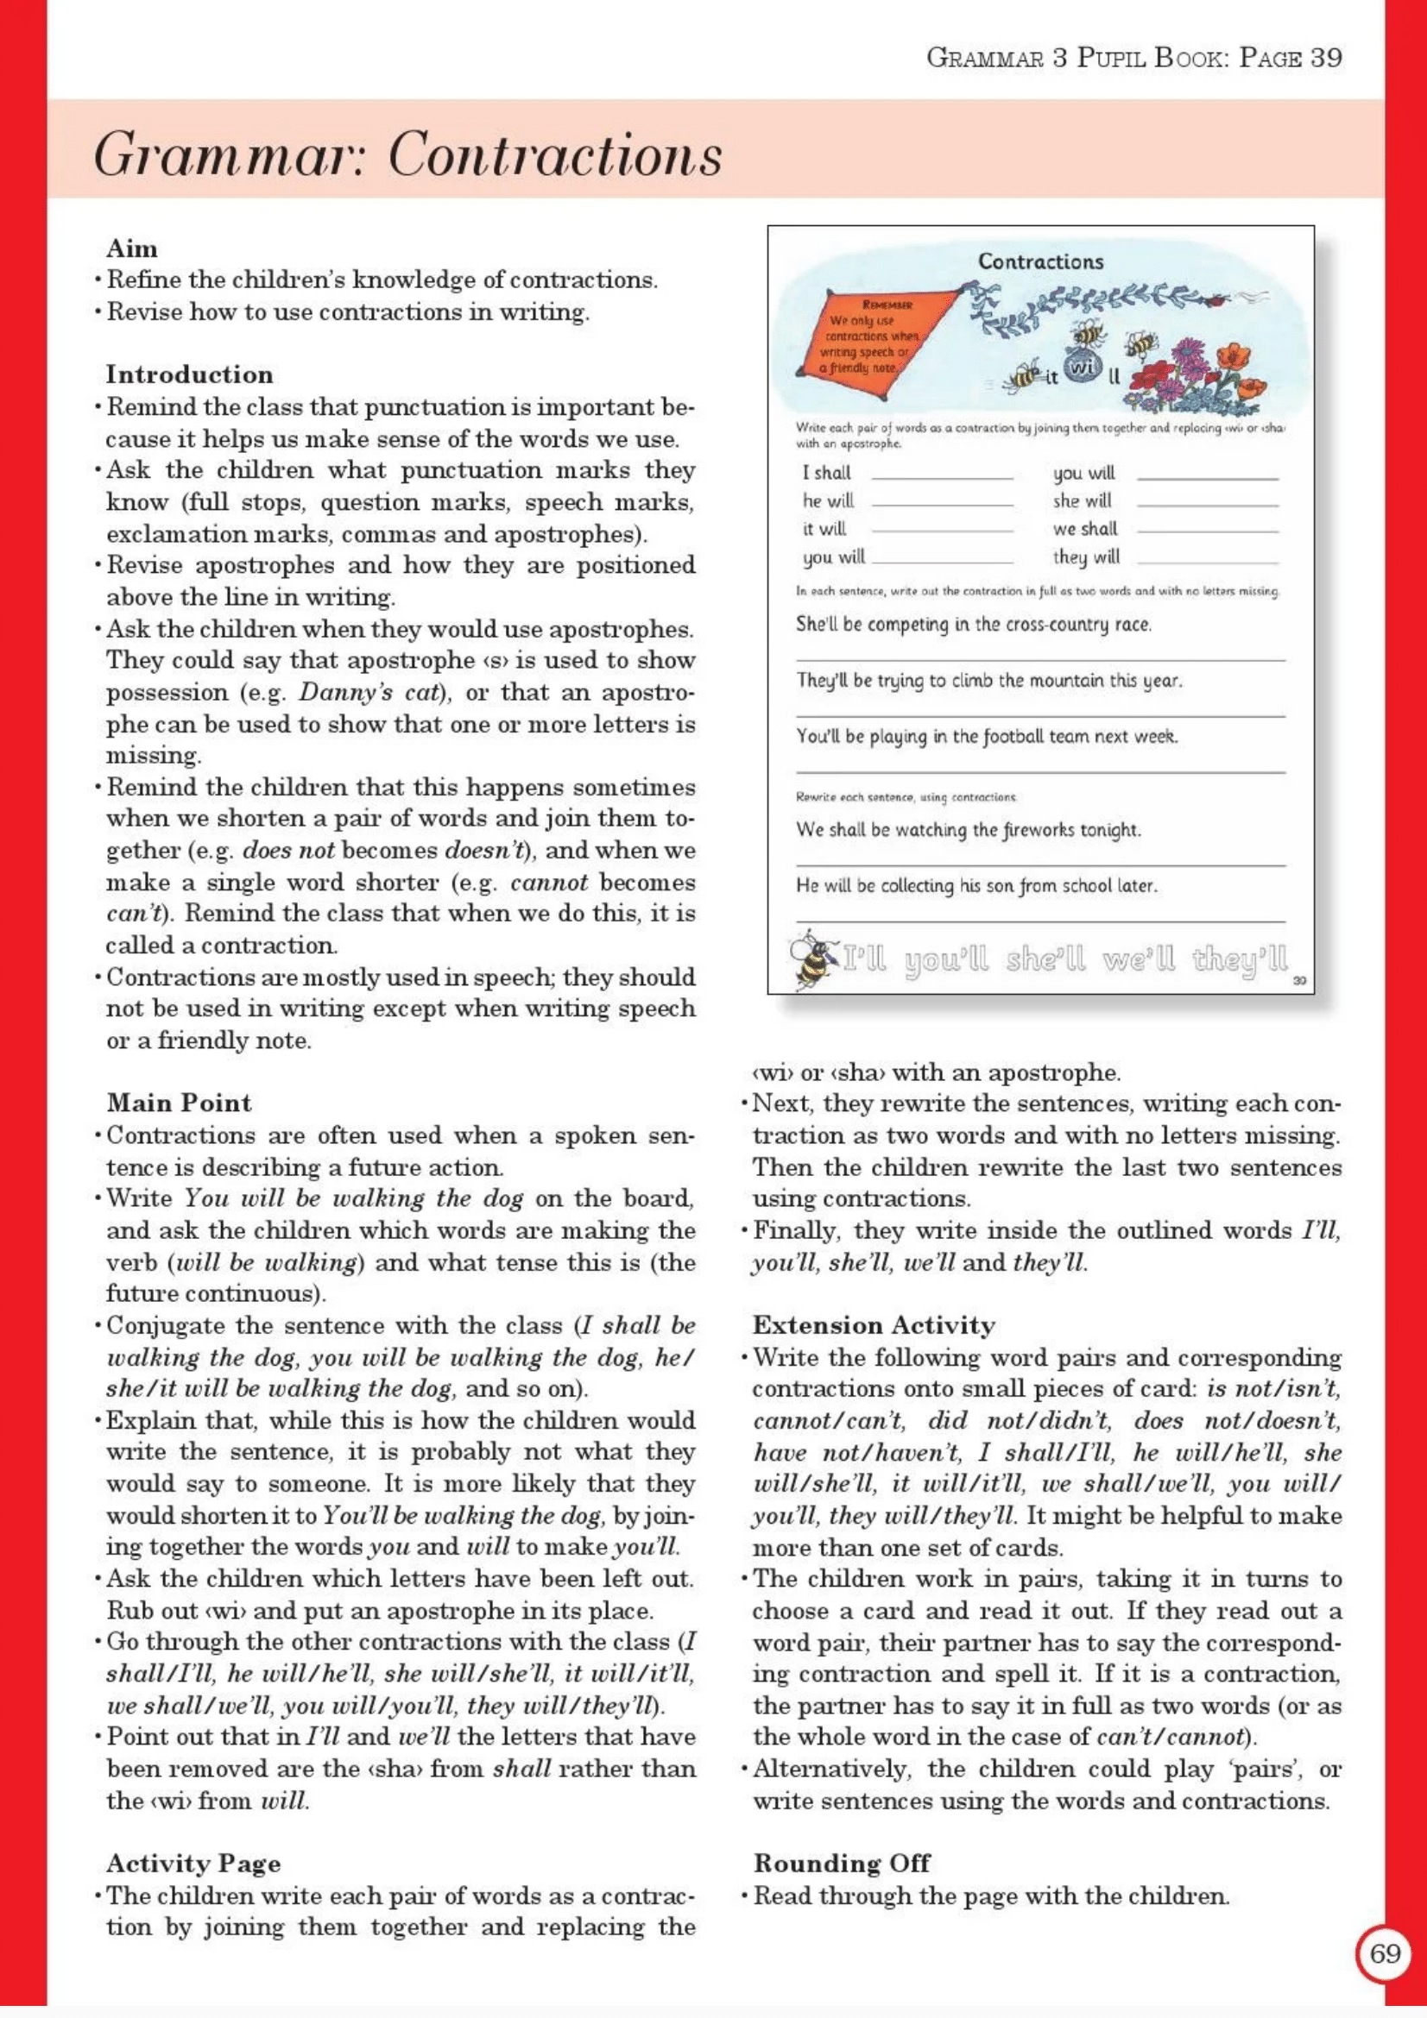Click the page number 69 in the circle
pyautogui.click(x=1385, y=1953)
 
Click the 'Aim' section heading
pyautogui.click(x=132, y=248)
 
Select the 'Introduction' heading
pyautogui.click(x=189, y=374)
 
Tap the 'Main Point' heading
pyautogui.click(x=179, y=1103)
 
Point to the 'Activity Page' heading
pyautogui.click(x=193, y=1864)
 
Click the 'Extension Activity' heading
pyautogui.click(x=873, y=1325)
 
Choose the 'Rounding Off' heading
pyautogui.click(x=842, y=1864)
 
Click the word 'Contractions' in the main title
pyautogui.click(x=555, y=154)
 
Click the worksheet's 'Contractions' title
pyautogui.click(x=1040, y=261)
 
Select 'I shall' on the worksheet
pyautogui.click(x=825, y=473)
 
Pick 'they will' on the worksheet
pyautogui.click(x=1086, y=556)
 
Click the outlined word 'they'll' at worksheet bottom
pyautogui.click(x=1239, y=958)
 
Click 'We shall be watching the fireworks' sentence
pyautogui.click(x=968, y=830)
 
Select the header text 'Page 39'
pyautogui.click(x=1290, y=58)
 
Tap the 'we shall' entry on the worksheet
pyautogui.click(x=1085, y=528)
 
